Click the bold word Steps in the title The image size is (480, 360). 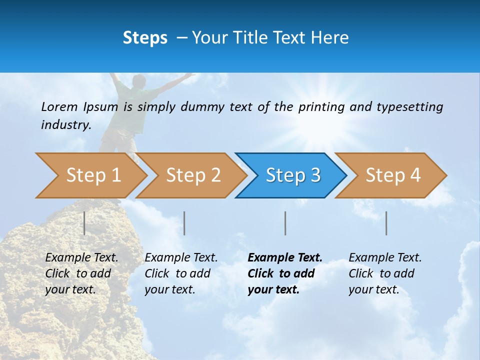[145, 37]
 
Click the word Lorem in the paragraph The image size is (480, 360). [59, 106]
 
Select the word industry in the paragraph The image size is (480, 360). [65, 124]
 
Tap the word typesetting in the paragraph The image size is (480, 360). [410, 107]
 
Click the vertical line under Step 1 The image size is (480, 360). [84, 223]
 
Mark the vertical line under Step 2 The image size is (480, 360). [184, 223]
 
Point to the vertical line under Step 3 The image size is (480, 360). [285, 223]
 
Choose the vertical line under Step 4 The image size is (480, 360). [386, 223]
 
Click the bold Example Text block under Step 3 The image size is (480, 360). [284, 273]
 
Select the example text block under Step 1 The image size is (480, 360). [81, 273]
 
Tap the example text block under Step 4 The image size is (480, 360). [385, 273]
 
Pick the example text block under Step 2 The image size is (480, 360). [181, 273]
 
